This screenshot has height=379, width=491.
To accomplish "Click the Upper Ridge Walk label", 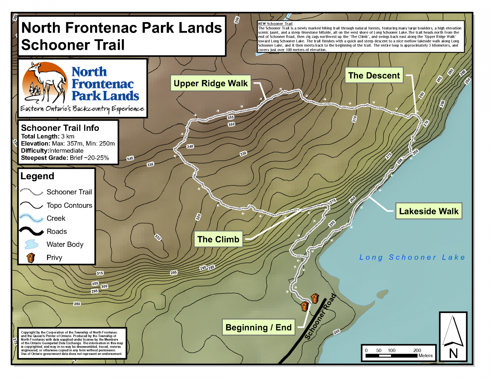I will click(x=210, y=83).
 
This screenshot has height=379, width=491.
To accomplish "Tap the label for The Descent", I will click(x=374, y=76).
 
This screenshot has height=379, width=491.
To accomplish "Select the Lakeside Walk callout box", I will click(x=428, y=211).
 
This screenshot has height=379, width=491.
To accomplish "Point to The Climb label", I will click(x=218, y=239).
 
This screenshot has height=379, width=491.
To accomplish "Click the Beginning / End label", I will click(x=258, y=327).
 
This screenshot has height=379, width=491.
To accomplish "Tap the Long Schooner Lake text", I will click(x=412, y=257).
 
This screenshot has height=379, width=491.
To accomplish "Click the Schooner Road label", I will click(x=320, y=317).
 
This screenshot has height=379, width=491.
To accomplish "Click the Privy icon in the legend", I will click(x=31, y=258).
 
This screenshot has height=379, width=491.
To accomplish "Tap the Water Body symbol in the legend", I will click(x=31, y=245).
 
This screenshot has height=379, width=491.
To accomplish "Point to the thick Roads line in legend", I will click(x=31, y=231).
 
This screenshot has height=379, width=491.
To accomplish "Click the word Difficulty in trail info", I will click(x=35, y=151).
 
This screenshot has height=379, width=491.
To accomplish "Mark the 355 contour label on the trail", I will click(x=230, y=117).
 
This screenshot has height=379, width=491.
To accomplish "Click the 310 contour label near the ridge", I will click(x=354, y=119).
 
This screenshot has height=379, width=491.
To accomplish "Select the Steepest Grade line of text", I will click(x=65, y=158).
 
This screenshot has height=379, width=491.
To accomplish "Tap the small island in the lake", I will click(x=382, y=293).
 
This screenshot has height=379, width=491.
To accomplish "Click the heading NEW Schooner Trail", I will click(x=275, y=24).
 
